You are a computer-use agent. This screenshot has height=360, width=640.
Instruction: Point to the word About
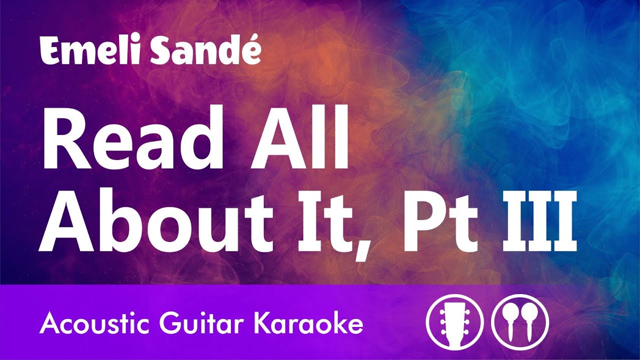tap(155, 221)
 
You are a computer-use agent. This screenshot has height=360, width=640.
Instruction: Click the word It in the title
tap(324, 221)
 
